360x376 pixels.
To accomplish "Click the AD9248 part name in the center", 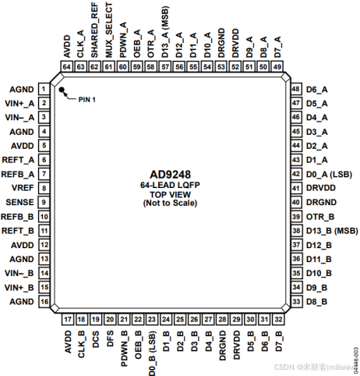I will [x=171, y=174].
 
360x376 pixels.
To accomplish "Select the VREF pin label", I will [x=21, y=188].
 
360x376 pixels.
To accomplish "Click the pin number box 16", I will [x=45, y=301].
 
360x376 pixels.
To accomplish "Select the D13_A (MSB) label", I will [x=165, y=34].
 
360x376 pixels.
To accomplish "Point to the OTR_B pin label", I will [x=320, y=216].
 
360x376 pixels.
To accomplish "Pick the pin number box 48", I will [x=296, y=89].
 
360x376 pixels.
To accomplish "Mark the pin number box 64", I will [x=67, y=67].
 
